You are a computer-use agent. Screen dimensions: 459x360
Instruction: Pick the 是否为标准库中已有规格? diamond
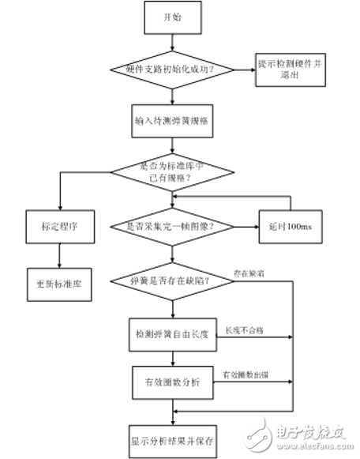(x=171, y=172)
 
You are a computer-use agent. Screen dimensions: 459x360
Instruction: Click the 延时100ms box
(x=287, y=226)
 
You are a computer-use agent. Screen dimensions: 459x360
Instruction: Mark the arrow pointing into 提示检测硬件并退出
(x=245, y=69)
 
